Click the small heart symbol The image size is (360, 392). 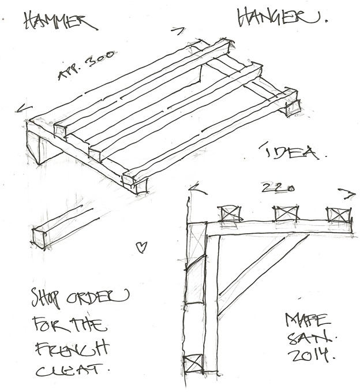139,247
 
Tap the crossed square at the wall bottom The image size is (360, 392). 192,365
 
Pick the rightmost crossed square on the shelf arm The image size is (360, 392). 339,214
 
